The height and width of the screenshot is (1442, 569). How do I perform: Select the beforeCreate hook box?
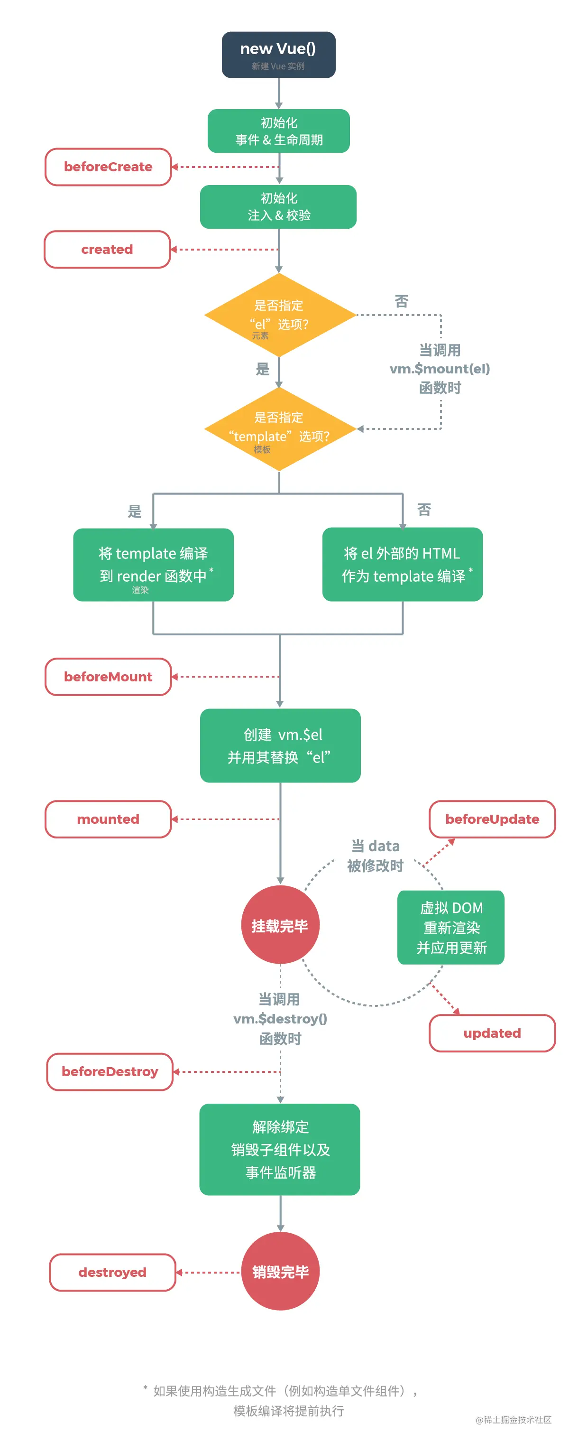click(x=108, y=167)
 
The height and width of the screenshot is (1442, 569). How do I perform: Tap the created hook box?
click(x=107, y=250)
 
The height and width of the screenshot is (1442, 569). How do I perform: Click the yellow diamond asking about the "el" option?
click(x=279, y=315)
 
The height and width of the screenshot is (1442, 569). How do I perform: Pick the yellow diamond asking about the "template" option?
click(x=279, y=429)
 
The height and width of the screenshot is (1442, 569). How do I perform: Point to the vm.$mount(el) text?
click(x=439, y=369)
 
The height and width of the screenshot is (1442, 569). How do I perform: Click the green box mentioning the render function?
click(x=153, y=564)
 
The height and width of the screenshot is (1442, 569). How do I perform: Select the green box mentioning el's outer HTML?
click(x=402, y=564)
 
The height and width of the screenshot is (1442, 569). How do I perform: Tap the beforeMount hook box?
click(x=108, y=677)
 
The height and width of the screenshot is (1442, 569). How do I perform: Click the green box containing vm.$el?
click(x=280, y=745)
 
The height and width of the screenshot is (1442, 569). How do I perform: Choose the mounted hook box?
click(x=108, y=819)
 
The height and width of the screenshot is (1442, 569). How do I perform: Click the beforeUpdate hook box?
click(x=492, y=819)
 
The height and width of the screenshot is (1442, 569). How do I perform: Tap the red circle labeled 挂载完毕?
click(x=280, y=925)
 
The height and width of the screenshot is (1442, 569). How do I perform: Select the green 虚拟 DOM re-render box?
click(x=451, y=927)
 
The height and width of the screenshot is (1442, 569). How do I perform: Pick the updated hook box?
click(x=492, y=1033)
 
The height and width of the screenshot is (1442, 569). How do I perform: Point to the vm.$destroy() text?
click(x=280, y=1019)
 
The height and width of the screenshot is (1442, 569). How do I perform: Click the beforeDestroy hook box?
click(x=110, y=1071)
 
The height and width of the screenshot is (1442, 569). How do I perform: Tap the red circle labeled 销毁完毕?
click(x=280, y=1272)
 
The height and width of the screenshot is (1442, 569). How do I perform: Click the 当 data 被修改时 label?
click(x=375, y=856)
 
